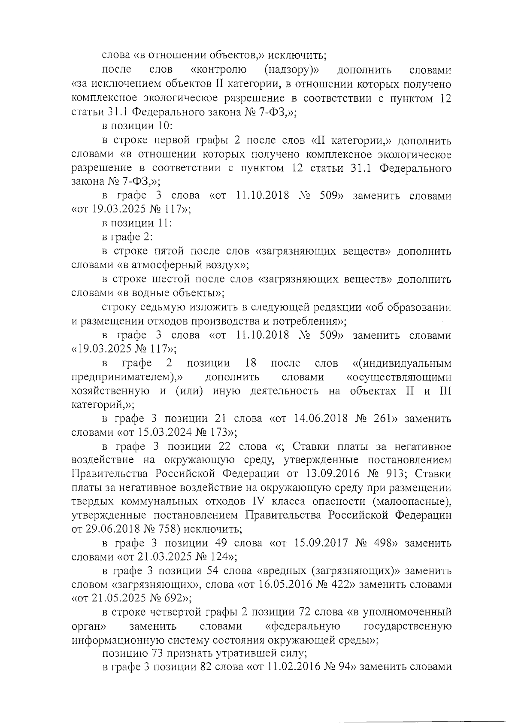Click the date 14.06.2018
tap(321, 419)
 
